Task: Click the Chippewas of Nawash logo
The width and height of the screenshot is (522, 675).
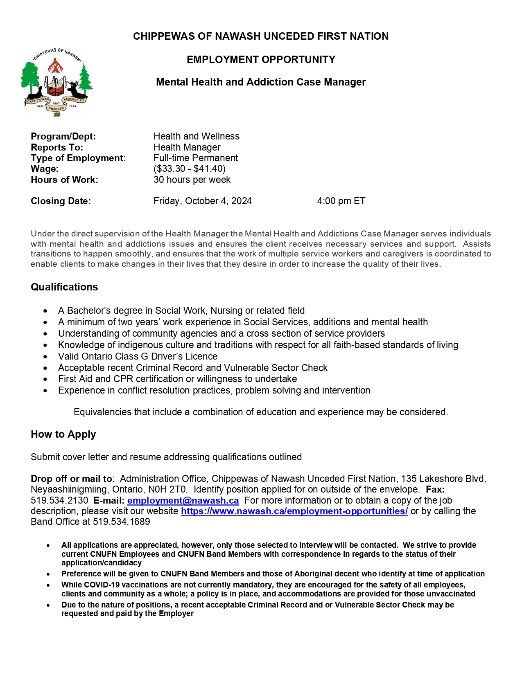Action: pyautogui.click(x=57, y=81)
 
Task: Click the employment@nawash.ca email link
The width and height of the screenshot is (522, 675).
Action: pyautogui.click(x=183, y=500)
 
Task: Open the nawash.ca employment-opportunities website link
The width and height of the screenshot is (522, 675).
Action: pyautogui.click(x=294, y=511)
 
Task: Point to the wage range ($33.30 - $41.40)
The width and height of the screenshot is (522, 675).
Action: pyautogui.click(x=190, y=169)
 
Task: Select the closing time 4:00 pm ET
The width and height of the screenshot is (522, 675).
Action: pyautogui.click(x=341, y=201)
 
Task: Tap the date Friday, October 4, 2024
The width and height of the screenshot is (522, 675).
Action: pyautogui.click(x=202, y=201)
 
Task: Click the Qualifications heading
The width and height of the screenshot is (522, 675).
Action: pyautogui.click(x=64, y=287)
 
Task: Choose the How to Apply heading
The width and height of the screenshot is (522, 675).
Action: pyautogui.click(x=63, y=434)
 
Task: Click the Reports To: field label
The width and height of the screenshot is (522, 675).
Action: pyautogui.click(x=57, y=147)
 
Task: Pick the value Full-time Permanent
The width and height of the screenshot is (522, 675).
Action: pyautogui.click(x=196, y=158)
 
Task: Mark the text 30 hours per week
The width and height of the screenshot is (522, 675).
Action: pyautogui.click(x=192, y=180)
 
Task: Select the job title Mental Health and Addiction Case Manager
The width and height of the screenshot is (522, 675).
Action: pyautogui.click(x=261, y=82)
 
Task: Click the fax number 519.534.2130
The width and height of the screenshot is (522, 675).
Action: pyautogui.click(x=59, y=500)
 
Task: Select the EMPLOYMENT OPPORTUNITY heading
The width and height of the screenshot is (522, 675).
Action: pyautogui.click(x=261, y=59)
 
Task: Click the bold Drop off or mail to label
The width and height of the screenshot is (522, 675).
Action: pyautogui.click(x=71, y=479)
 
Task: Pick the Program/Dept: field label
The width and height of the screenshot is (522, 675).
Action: pyautogui.click(x=63, y=136)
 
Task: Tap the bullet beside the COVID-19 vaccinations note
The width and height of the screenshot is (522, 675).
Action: pyautogui.click(x=48, y=585)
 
